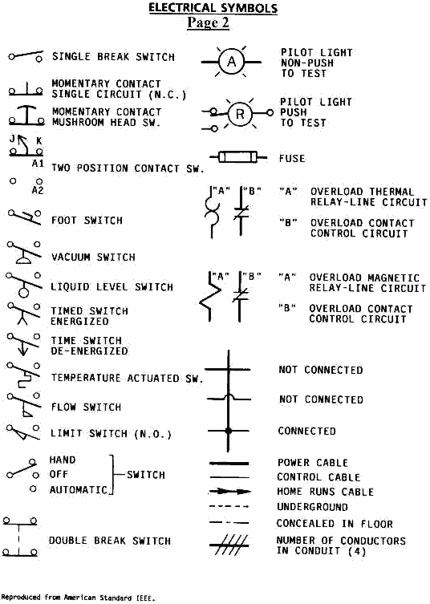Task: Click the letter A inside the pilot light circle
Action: (x=232, y=62)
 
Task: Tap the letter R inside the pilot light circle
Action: (x=240, y=114)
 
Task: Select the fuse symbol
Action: (x=238, y=157)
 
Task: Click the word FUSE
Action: (x=292, y=158)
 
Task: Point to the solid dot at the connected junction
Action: (x=228, y=430)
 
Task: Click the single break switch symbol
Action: (x=26, y=56)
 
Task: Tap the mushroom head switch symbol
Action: (x=26, y=116)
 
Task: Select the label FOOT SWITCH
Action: (x=87, y=221)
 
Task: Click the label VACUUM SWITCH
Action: (x=93, y=257)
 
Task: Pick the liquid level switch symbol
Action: (x=24, y=285)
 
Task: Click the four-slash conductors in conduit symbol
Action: (x=229, y=545)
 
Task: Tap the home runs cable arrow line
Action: (x=229, y=492)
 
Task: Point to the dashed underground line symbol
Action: (x=229, y=507)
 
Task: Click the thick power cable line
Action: (x=229, y=463)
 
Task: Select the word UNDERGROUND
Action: (x=313, y=507)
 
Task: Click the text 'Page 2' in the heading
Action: (x=208, y=22)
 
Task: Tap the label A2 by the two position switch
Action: (x=38, y=190)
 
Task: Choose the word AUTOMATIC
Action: (x=79, y=489)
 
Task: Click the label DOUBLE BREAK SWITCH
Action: (x=109, y=541)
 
